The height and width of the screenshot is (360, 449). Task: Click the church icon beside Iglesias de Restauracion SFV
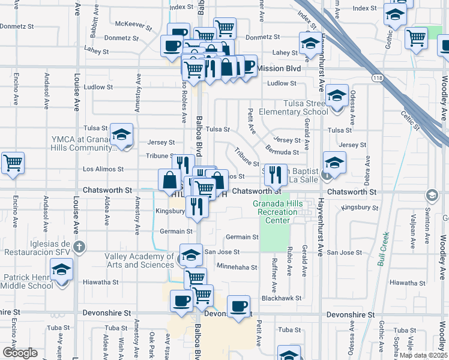(x=78, y=245)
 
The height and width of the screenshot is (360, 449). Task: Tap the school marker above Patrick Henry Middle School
(x=61, y=271)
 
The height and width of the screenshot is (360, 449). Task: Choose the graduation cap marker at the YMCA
(x=122, y=136)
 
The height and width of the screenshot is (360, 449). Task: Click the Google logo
(x=19, y=353)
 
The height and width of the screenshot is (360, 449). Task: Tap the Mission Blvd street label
(x=279, y=68)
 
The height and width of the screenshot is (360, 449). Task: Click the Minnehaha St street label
(x=237, y=266)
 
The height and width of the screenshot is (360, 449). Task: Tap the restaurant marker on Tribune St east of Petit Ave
(x=276, y=175)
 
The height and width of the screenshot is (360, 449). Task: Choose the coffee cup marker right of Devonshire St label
(x=239, y=307)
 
